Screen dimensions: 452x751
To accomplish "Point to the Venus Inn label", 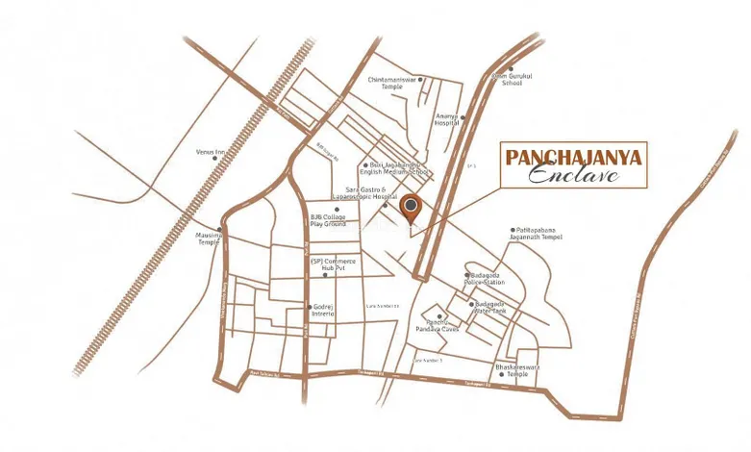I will tap(210, 152).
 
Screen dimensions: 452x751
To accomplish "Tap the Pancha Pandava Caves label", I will tap(437, 326).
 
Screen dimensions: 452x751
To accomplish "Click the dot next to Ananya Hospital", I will tap(463, 118).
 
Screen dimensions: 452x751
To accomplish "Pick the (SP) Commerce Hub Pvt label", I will tap(327, 264).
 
